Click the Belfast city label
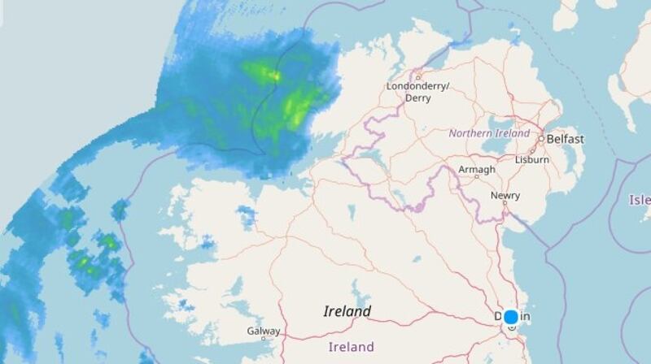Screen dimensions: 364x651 pos(565,139)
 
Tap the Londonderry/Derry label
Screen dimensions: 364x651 pos(418,91)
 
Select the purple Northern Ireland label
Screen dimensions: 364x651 pos(489,133)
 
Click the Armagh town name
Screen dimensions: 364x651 pos(476,169)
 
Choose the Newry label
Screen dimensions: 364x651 pos(505,196)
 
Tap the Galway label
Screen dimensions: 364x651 pos(263,331)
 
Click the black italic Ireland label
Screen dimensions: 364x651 pos(347,311)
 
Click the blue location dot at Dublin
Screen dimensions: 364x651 pos(511,317)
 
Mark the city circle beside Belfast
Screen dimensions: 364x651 pos(541,139)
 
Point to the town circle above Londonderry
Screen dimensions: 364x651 pos(417,77)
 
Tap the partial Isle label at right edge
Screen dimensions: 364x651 pos(640,200)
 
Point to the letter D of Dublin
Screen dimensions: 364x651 pos(498,316)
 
